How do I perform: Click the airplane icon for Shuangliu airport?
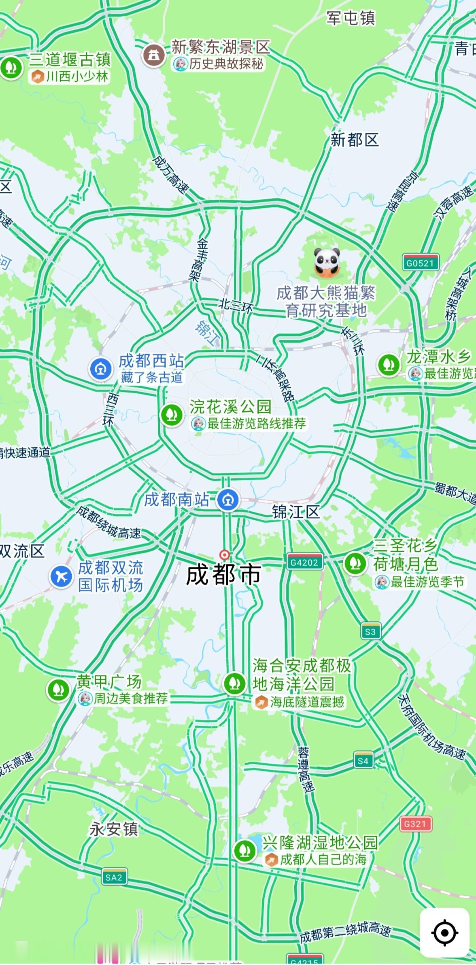pos(61,576)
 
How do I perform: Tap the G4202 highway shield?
pos(304,562)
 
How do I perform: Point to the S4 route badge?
pos(363,760)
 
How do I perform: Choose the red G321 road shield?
pos(415,824)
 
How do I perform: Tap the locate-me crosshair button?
pos(445,932)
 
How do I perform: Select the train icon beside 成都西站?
pos(101,369)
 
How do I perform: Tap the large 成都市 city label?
pos(223,576)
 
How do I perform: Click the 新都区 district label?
pos(354,140)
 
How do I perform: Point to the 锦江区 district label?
pos(296,512)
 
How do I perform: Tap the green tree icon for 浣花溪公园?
pos(172,414)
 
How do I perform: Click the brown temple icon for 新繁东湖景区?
pos(154,55)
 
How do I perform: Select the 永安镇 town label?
pos(114,829)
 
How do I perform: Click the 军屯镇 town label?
pos(351,18)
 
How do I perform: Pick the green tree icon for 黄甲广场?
pos(58,690)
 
